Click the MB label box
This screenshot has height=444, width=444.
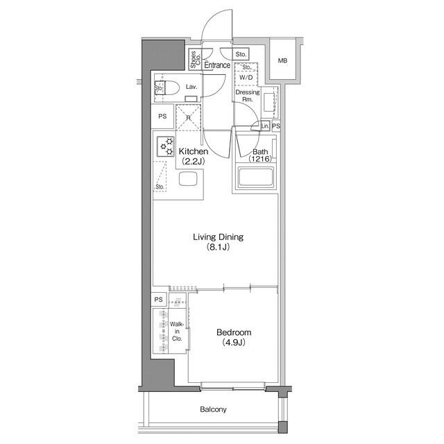click(282, 61)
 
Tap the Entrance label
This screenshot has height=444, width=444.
click(217, 65)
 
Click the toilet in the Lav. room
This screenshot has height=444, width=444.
click(169, 87)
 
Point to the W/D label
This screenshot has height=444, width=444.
click(246, 77)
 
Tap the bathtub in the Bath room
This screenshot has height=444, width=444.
click(257, 178)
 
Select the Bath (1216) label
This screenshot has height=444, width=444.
click(260, 155)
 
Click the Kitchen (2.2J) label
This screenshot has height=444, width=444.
click(194, 156)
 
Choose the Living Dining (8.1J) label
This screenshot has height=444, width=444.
click(218, 242)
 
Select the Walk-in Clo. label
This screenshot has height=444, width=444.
click(176, 332)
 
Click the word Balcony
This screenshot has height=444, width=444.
click(213, 409)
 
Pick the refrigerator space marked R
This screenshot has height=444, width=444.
click(188, 117)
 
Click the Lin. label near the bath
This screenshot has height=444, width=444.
click(264, 126)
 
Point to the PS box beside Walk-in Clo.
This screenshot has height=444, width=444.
click(159, 300)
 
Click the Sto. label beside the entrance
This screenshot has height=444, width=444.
click(241, 54)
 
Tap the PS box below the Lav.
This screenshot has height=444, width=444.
click(162, 117)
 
